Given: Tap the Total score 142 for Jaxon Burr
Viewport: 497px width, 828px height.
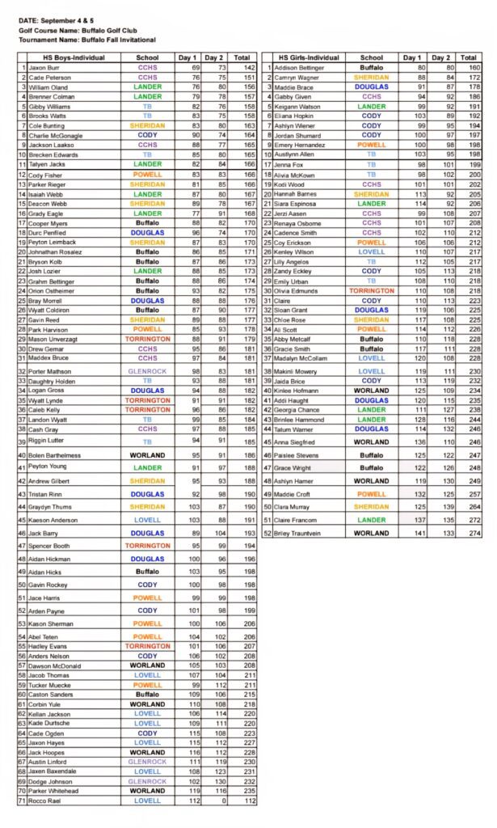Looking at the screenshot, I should coord(242,68).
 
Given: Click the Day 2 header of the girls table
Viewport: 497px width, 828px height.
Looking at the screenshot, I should coord(440,57).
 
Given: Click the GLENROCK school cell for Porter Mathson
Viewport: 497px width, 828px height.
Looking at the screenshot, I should coord(147,371).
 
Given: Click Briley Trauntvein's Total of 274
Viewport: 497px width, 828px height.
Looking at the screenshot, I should coord(469,533).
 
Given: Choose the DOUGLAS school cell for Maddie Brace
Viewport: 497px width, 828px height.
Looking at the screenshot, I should coord(371,87).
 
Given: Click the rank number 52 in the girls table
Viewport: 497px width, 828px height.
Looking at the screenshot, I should coord(267,533).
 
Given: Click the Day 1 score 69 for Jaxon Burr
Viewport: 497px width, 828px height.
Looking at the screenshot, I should coord(195,68).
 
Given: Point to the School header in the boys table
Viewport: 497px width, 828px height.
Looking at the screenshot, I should coord(147,57).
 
